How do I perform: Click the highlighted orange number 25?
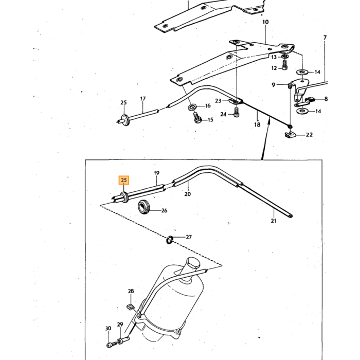124,180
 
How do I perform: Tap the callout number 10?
265,22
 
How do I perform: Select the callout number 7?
325,37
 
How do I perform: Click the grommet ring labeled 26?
143,207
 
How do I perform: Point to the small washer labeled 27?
169,240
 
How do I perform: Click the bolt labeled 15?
197,118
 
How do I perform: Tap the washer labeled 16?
192,107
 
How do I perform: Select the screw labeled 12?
284,65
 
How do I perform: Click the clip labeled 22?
289,135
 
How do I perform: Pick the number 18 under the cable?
257,124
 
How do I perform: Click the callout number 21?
274,221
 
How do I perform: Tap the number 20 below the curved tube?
188,194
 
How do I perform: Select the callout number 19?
156,173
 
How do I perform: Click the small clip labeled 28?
131,307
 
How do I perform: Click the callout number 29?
120,325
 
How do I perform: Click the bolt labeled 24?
236,113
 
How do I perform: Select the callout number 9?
273,85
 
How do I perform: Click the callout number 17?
143,99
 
